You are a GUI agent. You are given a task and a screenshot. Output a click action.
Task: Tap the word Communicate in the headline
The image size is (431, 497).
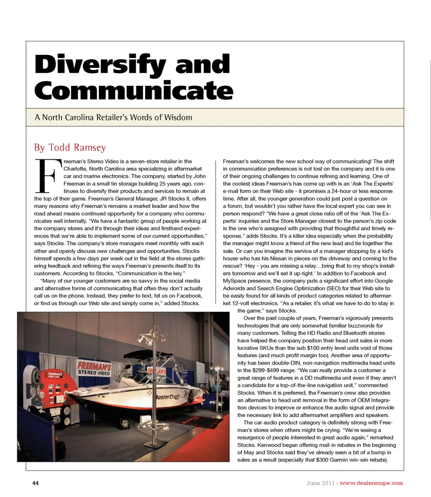tap(134, 91)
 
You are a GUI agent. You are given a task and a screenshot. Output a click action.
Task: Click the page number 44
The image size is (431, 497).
tap(35, 483)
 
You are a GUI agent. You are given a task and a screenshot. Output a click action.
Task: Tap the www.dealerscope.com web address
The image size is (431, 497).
tap(371, 483)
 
